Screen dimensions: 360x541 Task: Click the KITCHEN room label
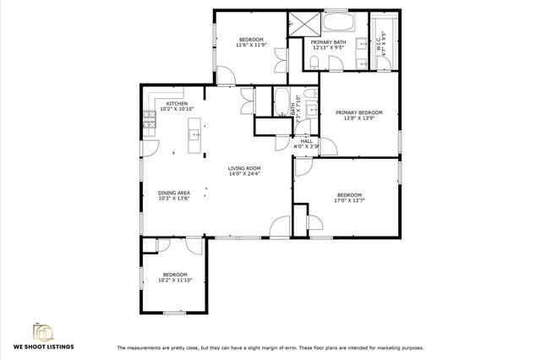point(177,103)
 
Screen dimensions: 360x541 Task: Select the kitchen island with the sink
point(194,135)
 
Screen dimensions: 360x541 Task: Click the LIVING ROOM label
point(244,168)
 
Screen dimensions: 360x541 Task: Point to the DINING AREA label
point(173,194)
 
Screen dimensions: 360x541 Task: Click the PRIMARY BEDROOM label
point(358,112)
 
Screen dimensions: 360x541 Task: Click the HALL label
point(306,140)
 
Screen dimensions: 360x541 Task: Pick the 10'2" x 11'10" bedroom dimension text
point(175,280)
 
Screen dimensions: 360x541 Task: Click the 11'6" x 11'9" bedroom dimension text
point(251,46)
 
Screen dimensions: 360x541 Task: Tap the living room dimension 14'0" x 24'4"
point(244,174)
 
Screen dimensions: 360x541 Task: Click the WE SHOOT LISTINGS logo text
point(43,346)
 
